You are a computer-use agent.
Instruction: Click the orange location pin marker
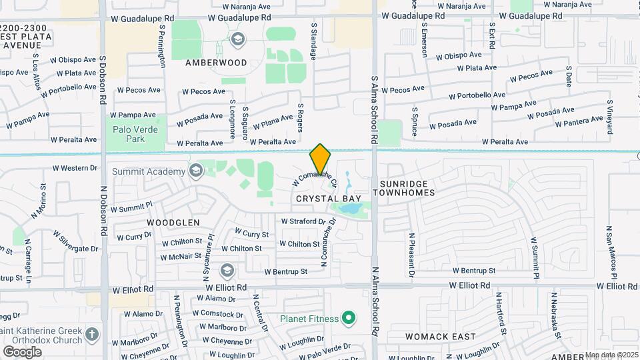point(320,159)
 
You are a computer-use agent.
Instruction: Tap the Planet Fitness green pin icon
point(347,319)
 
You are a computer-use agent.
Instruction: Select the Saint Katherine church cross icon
point(92,333)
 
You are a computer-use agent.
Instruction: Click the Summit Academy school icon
point(195,171)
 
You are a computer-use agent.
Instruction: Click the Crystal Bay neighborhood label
point(329,199)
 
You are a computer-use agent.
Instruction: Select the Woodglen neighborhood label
point(173,222)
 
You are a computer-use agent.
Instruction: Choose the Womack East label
point(441,337)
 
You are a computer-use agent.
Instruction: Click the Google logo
point(22,351)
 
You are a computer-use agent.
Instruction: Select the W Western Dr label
point(70,168)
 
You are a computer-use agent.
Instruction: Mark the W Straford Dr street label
point(307,221)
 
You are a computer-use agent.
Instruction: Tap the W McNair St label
point(181,255)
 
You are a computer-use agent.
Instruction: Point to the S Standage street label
point(313,41)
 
